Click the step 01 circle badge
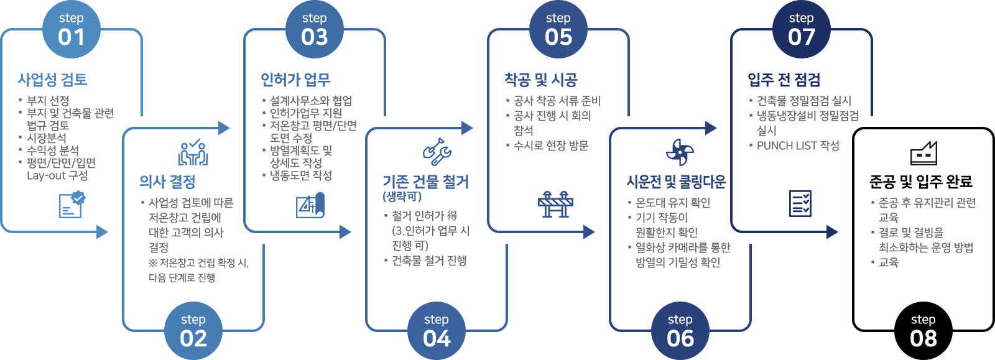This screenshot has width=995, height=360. click(71, 30)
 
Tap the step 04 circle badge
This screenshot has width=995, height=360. click(437, 331)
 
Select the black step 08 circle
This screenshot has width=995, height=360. click(923, 331)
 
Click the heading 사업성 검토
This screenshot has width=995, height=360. click(52, 80)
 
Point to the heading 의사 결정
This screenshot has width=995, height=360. click(167, 182)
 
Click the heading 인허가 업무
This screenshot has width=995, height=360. click(295, 80)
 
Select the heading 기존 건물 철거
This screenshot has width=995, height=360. click(425, 182)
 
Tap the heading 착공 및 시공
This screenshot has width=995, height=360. click(540, 80)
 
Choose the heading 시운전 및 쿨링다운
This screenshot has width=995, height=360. click(676, 182)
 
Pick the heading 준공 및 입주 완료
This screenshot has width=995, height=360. click(920, 182)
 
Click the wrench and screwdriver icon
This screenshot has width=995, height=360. click(437, 151)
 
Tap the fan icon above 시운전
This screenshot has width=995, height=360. click(680, 152)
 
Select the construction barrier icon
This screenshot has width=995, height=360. click(555, 204)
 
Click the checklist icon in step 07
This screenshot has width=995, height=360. click(800, 203)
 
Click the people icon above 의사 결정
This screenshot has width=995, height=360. click(193, 152)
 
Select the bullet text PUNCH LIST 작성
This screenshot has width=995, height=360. click(797, 145)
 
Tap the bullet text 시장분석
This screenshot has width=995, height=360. click(47, 138)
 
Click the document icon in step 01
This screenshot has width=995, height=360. click(72, 204)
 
